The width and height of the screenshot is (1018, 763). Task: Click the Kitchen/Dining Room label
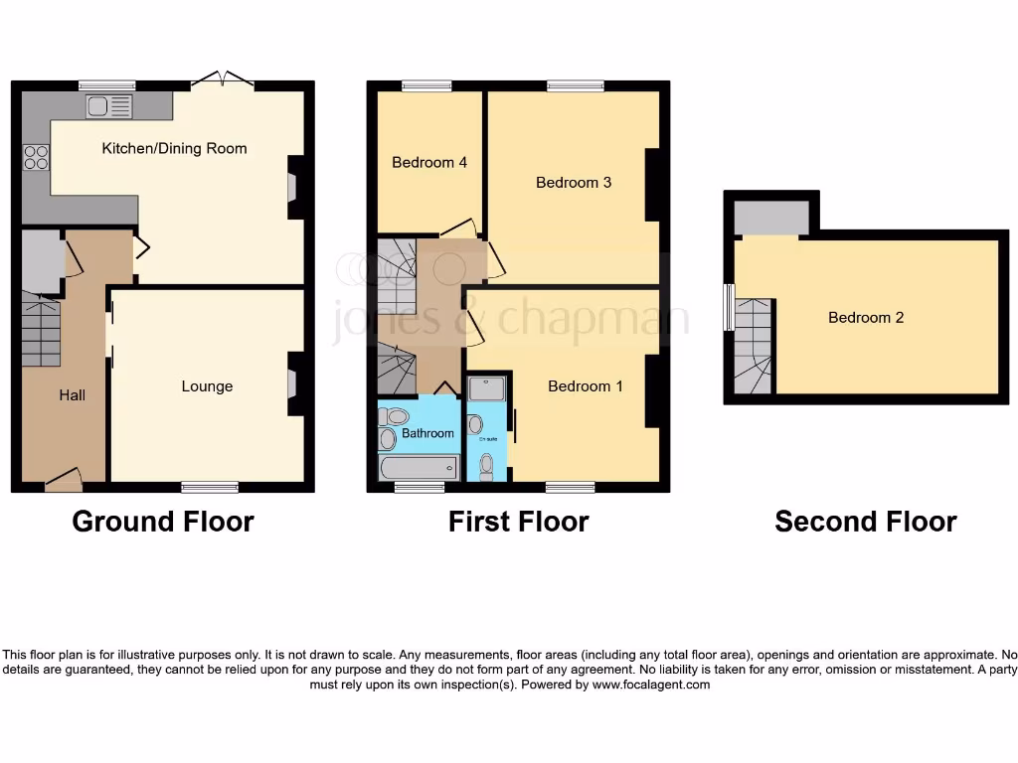(174, 148)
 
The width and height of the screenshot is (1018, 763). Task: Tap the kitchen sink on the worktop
(109, 105)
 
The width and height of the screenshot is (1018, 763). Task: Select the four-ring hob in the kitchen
(36, 158)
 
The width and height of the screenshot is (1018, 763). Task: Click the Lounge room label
(207, 386)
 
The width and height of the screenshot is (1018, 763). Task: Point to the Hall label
(72, 395)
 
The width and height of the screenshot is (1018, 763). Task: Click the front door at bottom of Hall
(64, 482)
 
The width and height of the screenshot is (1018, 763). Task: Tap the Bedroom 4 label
(429, 162)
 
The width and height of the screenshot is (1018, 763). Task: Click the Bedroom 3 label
(574, 182)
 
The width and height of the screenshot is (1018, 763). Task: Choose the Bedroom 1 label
(586, 385)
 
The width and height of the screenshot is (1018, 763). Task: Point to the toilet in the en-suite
(486, 464)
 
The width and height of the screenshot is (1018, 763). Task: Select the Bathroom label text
(427, 433)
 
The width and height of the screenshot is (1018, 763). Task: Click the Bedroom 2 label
(866, 318)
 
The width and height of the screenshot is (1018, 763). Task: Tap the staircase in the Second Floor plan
(754, 345)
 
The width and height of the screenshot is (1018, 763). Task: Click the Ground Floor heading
(163, 522)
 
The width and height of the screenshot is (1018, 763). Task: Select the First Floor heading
(518, 522)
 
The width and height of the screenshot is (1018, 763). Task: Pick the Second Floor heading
(865, 522)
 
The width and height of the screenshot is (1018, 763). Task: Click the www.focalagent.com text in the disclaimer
(651, 685)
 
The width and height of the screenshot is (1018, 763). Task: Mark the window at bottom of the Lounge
(210, 487)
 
